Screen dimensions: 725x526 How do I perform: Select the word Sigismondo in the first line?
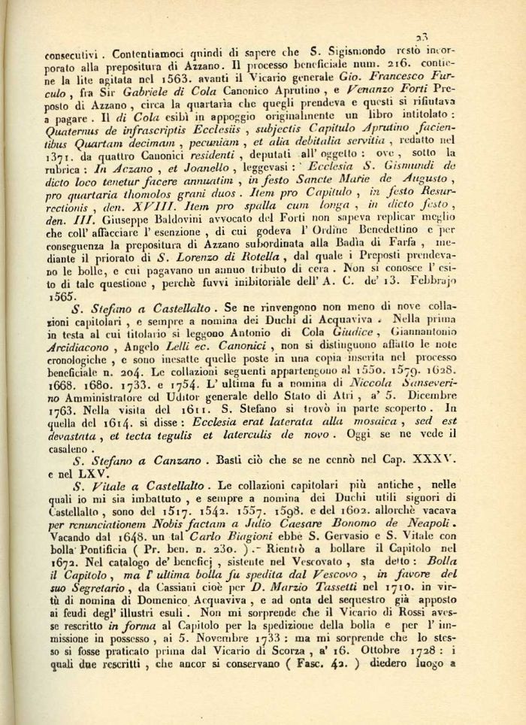click(x=351, y=53)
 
